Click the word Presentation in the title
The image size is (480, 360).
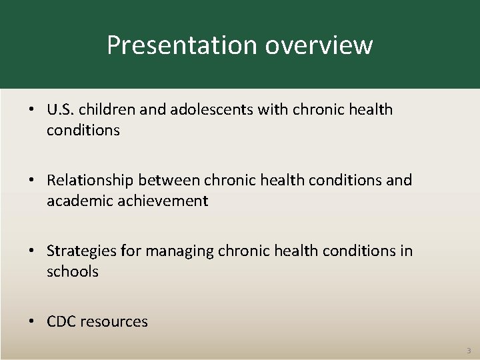point(183,45)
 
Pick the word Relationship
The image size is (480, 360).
point(89,180)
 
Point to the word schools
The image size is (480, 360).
point(72,271)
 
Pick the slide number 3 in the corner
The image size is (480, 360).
point(468,350)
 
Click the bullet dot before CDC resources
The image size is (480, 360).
point(32,322)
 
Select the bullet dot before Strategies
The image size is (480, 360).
point(32,251)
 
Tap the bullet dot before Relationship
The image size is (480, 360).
point(32,180)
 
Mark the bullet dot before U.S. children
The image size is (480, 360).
point(32,109)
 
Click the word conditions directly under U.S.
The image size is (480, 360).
point(83,130)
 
